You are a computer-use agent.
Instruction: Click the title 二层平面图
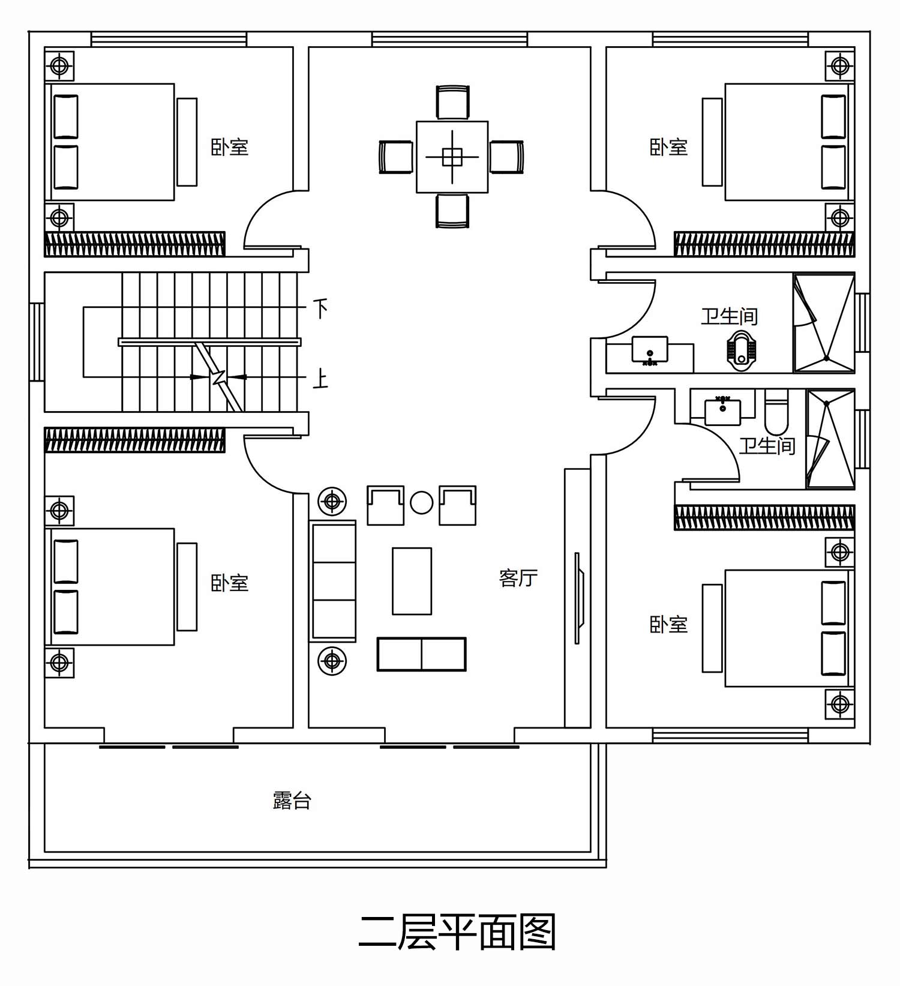point(457,932)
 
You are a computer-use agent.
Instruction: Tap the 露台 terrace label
point(292,801)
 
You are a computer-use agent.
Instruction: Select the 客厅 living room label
point(518,578)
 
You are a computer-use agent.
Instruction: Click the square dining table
point(452,157)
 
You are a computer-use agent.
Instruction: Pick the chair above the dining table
point(452,103)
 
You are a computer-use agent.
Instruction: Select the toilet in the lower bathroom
point(776,412)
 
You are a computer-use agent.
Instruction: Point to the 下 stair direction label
point(321,309)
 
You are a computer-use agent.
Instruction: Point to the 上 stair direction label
point(321,379)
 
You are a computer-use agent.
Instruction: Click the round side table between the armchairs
point(422,502)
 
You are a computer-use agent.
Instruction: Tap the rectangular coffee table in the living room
point(412,581)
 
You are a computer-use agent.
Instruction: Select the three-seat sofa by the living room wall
point(333,582)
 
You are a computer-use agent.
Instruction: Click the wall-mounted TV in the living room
point(578,598)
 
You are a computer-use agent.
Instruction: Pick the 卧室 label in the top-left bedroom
point(230,147)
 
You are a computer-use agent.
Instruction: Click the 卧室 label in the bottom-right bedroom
point(669,624)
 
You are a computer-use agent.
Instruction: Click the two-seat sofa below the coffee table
point(422,654)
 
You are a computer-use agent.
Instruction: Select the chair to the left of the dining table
point(396,157)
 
